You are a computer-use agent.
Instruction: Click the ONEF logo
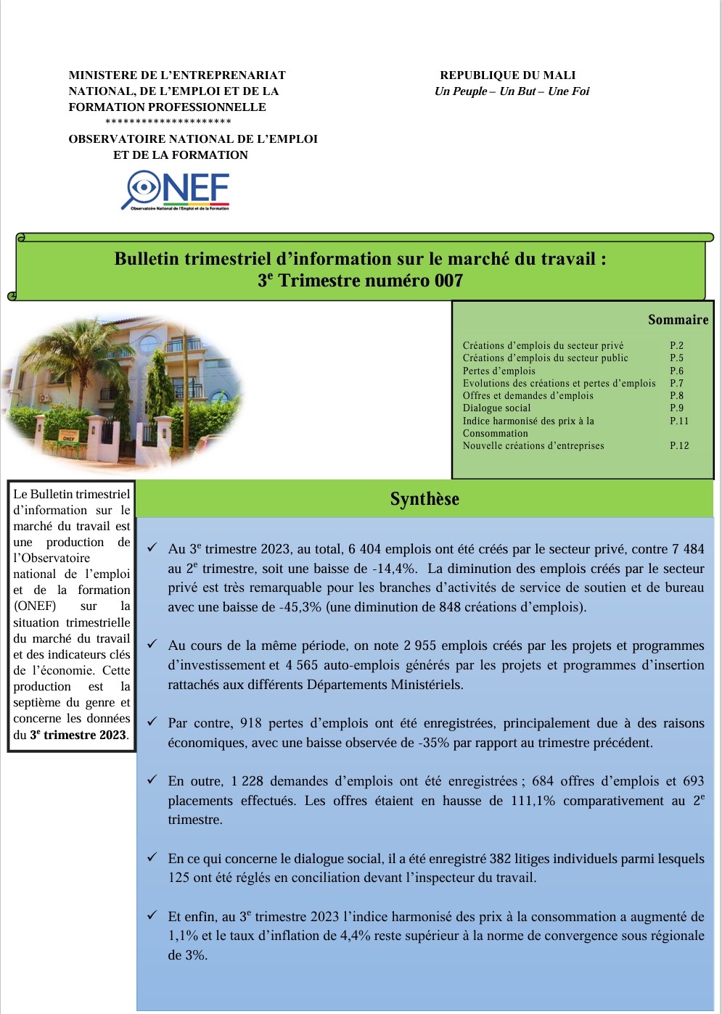click(179, 190)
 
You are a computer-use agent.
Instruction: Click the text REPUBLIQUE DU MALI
click(507, 75)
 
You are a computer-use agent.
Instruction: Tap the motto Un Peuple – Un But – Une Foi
click(512, 91)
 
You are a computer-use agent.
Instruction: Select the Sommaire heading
click(678, 320)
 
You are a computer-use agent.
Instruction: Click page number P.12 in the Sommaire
click(679, 446)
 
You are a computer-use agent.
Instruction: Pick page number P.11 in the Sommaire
click(679, 421)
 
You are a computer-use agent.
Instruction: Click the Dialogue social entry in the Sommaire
click(496, 408)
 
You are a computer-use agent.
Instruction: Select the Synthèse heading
click(424, 499)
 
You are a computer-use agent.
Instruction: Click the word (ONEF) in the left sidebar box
click(35, 606)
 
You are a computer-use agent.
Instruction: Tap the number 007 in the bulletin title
click(448, 281)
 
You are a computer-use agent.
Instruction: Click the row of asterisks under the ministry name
click(168, 122)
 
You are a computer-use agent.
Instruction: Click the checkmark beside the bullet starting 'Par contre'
click(152, 722)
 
